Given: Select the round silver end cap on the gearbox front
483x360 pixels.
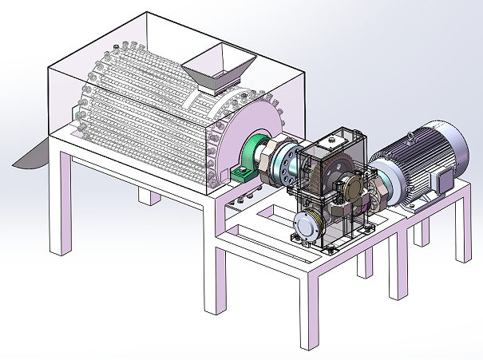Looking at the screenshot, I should [306, 227].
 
